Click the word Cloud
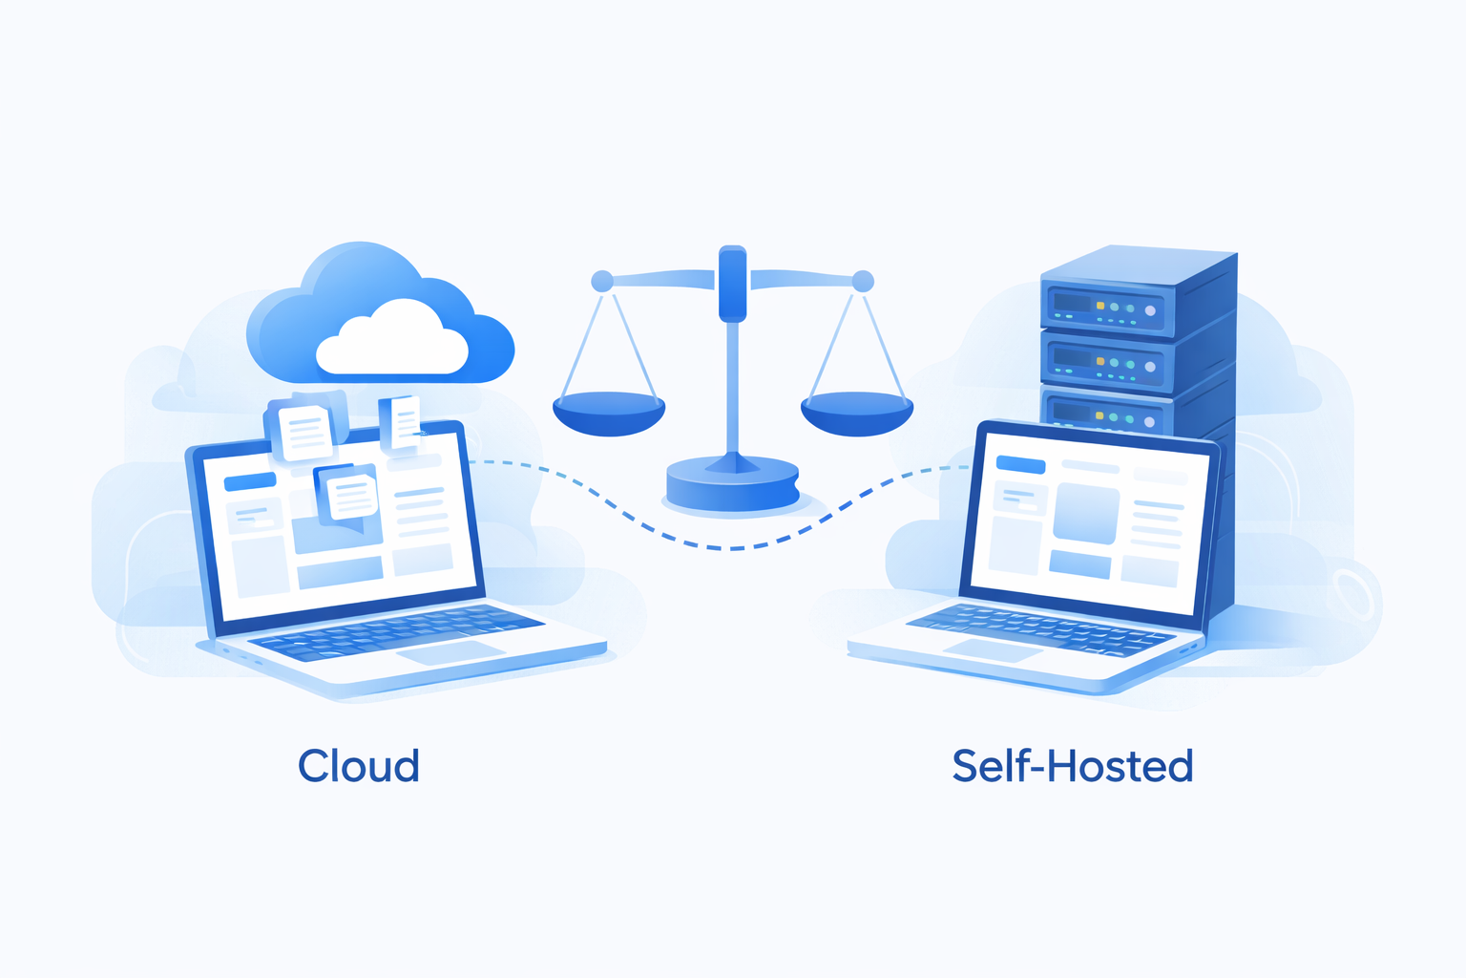pyautogui.click(x=359, y=766)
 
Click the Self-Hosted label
pyautogui.click(x=1072, y=766)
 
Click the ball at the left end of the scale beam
pyautogui.click(x=602, y=281)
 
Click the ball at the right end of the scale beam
pyautogui.click(x=863, y=281)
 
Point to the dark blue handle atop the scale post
pyautogui.click(x=732, y=283)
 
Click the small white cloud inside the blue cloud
pyautogui.click(x=391, y=341)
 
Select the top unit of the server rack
pyautogui.click(x=1107, y=308)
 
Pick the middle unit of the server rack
pyautogui.click(x=1107, y=364)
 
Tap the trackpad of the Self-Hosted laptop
pyautogui.click(x=993, y=649)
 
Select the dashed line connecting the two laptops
pyautogui.click(x=725, y=547)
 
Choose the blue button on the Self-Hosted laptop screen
pyautogui.click(x=1020, y=464)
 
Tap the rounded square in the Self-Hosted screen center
pyautogui.click(x=1086, y=513)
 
